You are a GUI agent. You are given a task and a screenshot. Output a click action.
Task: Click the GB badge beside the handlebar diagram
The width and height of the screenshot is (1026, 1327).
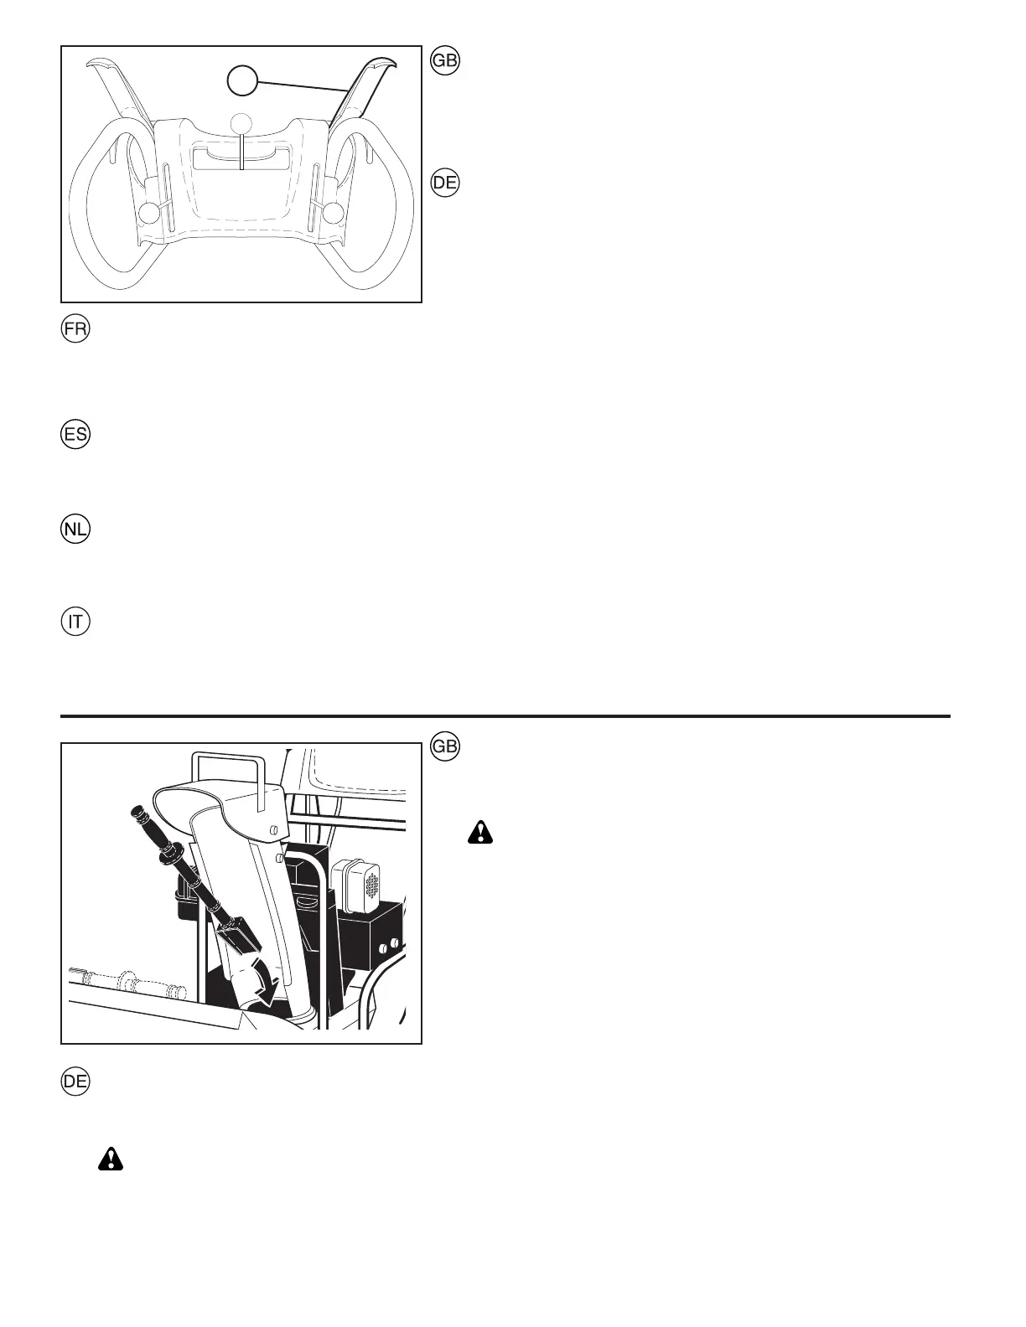tap(446, 62)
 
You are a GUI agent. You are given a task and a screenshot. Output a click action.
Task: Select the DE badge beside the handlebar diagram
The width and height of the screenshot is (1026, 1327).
tap(446, 183)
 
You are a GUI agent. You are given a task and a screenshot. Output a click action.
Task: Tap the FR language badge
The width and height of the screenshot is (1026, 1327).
tap(75, 328)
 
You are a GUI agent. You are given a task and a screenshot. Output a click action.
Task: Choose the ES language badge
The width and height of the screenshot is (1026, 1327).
tap(75, 436)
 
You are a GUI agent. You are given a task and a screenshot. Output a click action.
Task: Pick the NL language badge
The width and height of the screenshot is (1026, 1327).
tap(75, 530)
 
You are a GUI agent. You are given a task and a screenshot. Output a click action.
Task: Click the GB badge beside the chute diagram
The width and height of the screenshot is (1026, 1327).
tap(446, 747)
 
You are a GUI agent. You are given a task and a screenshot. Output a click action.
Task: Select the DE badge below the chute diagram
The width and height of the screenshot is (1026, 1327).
tap(75, 1081)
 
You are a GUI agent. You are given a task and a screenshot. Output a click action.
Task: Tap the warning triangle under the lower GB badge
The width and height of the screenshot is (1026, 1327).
tap(481, 833)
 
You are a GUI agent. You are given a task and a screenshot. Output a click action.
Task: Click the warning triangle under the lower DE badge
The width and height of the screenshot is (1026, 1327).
tap(110, 1159)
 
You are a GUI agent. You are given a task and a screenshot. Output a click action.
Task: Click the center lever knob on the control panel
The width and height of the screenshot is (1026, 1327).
tap(241, 122)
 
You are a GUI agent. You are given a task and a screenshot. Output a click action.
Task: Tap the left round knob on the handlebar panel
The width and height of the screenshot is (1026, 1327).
tap(148, 213)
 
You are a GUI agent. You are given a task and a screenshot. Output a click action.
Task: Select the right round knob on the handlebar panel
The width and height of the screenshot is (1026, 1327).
tap(334, 213)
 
